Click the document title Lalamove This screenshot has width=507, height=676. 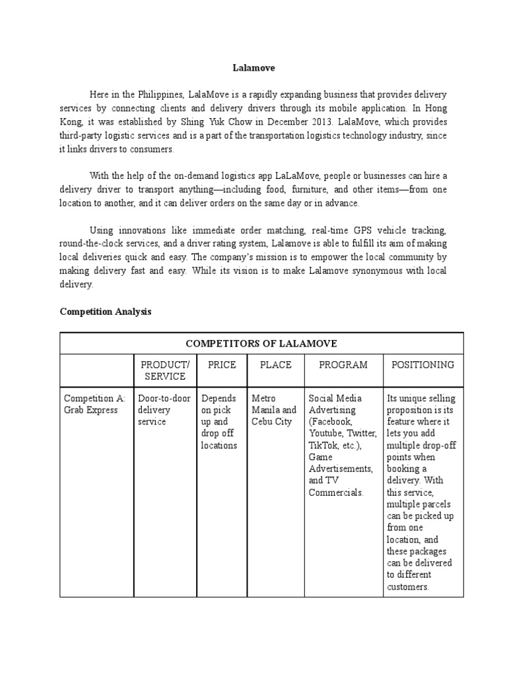[253, 67]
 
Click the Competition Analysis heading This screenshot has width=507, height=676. [106, 312]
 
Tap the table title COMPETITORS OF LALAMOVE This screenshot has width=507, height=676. [261, 343]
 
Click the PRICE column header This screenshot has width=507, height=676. [222, 364]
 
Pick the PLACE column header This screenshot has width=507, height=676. [275, 364]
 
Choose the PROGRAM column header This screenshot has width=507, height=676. [343, 364]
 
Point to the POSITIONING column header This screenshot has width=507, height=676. [422, 364]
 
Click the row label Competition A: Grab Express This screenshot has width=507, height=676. [94, 404]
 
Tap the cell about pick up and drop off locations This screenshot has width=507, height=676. [219, 422]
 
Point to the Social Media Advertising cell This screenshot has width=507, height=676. [342, 446]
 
